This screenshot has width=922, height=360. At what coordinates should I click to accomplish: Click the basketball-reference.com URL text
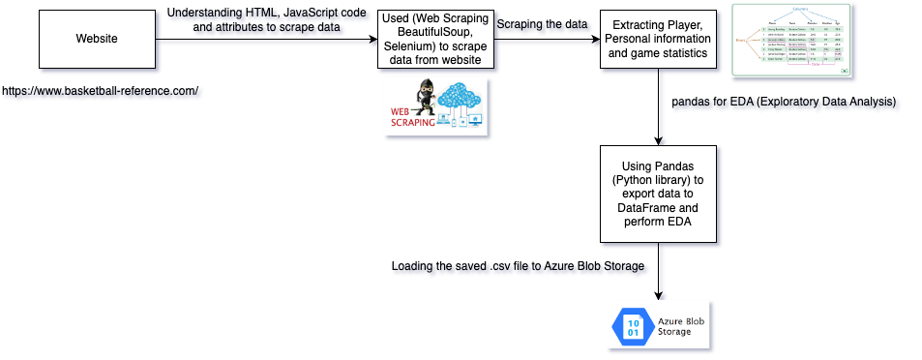click(101, 91)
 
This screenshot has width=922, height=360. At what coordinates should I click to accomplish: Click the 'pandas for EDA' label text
click(784, 102)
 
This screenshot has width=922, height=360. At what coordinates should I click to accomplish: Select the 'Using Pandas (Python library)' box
click(658, 194)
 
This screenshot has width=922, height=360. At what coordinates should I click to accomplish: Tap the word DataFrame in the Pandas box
click(658, 208)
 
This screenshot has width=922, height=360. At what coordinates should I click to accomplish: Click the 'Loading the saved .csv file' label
click(518, 266)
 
